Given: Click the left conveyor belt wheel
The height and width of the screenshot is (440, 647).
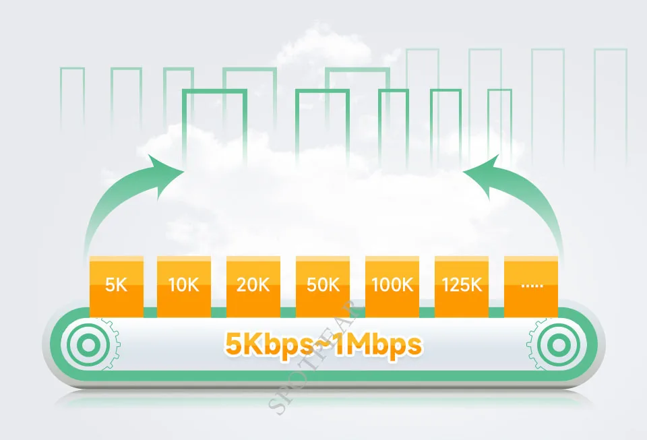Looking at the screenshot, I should click(88, 345).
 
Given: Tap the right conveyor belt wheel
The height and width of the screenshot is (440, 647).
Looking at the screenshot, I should click(559, 345).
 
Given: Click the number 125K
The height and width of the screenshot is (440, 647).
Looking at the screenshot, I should click(462, 285).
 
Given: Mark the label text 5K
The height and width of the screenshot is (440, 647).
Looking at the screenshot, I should click(116, 285).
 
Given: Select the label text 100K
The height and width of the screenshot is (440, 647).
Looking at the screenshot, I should click(392, 285).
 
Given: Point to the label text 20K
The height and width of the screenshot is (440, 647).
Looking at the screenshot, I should click(253, 285).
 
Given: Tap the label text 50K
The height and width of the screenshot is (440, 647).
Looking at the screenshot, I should click(322, 285).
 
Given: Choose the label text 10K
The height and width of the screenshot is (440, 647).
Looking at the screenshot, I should click(183, 285).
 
